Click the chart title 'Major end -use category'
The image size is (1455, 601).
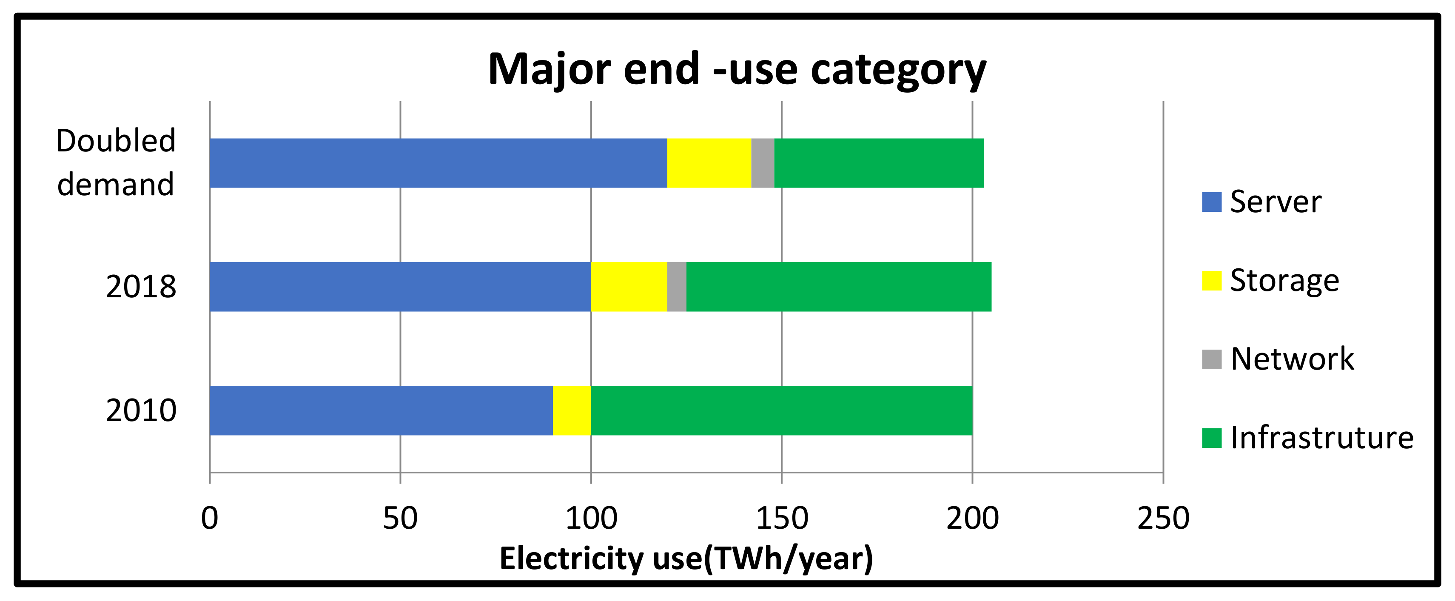pos(737,69)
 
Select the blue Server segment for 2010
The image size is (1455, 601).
pos(381,410)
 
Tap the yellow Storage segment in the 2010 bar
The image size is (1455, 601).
pos(572,410)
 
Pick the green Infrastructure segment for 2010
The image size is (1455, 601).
pos(782,410)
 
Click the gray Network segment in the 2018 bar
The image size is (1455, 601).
pos(677,287)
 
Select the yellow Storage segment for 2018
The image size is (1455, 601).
pos(629,287)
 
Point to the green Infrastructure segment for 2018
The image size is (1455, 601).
pos(839,287)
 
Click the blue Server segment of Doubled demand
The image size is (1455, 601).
pos(438,163)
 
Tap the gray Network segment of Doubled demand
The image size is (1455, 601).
pos(763,163)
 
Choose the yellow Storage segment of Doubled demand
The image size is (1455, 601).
pos(709,163)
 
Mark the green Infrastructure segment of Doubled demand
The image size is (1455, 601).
pos(879,163)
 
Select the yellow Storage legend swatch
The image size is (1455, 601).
pos(1212,281)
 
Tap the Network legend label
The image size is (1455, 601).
pos(1293,359)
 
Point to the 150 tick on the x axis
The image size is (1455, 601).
pos(782,518)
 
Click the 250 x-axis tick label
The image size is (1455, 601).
pos(1163,518)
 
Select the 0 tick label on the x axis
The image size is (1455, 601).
pos(210,518)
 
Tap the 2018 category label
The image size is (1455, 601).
pos(141,287)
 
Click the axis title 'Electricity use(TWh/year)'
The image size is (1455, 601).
pos(686,558)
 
